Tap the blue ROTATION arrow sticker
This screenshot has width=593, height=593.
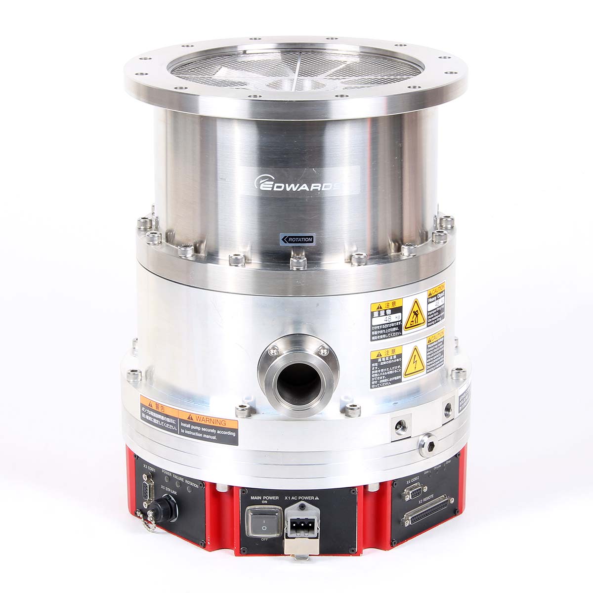pyautogui.click(x=297, y=239)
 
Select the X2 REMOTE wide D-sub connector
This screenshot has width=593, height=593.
pyautogui.click(x=428, y=511)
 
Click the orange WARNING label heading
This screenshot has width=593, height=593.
pyautogui.click(x=208, y=423)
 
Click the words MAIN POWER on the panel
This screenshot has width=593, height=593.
pyautogui.click(x=264, y=498)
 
